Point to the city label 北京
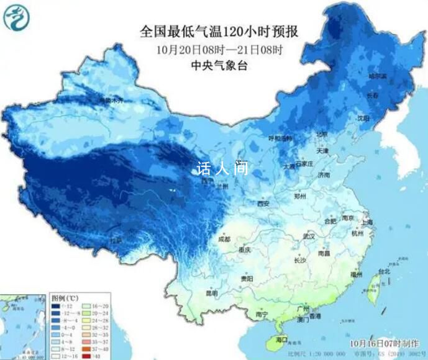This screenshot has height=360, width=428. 321,134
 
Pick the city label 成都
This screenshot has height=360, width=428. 224,239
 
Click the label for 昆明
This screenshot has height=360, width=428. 212,293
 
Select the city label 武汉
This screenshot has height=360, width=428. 309,238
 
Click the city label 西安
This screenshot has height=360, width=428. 263,204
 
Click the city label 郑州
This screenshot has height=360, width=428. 301,196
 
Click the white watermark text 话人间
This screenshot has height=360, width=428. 221,168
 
